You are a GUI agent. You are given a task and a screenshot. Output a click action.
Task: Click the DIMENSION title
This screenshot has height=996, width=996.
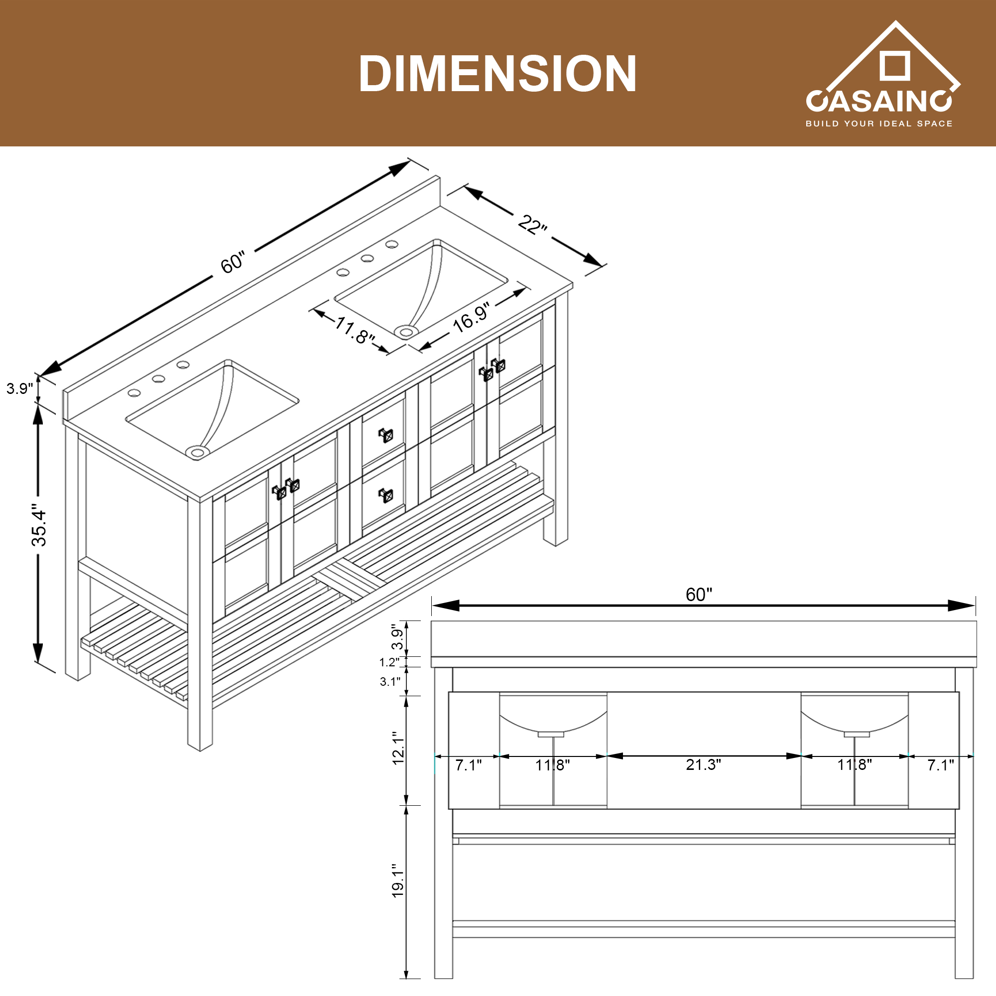point(498,74)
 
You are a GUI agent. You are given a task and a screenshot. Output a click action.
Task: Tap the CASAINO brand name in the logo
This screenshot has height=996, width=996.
point(878,101)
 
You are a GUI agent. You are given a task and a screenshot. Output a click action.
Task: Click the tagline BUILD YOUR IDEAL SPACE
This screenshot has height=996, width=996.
point(878,124)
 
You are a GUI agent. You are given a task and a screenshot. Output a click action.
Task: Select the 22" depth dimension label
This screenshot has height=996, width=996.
point(532,225)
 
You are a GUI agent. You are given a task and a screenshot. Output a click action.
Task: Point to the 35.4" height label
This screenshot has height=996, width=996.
point(39,524)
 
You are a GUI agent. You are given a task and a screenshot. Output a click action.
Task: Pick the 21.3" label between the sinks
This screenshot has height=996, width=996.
point(703,764)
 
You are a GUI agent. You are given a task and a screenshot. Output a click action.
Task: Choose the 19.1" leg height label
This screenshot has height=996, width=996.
point(397,881)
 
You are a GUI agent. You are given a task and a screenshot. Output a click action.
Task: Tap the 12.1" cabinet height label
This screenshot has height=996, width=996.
point(397,747)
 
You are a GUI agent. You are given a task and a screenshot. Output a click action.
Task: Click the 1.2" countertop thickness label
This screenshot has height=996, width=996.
point(389,662)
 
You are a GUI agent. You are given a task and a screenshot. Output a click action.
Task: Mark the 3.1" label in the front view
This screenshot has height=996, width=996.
point(390,682)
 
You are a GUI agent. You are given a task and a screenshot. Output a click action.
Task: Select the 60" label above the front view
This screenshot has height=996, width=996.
point(699,595)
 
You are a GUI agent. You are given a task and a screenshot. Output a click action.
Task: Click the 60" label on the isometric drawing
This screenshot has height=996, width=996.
point(233,262)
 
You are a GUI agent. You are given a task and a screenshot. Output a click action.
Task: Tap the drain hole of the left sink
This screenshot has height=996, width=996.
point(197,452)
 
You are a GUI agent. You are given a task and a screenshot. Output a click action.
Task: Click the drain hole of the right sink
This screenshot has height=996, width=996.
point(406,332)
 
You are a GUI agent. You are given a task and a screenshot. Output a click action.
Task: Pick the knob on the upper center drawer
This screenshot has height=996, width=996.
point(386,435)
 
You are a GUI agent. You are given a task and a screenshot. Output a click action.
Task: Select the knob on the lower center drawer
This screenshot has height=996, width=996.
point(386,495)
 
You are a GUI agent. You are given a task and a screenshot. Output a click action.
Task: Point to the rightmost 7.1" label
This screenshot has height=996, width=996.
point(940,765)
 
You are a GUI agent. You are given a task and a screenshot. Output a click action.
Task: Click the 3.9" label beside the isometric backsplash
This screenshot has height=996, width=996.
point(19,389)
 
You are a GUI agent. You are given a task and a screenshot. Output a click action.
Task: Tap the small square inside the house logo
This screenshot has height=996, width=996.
point(894,65)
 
